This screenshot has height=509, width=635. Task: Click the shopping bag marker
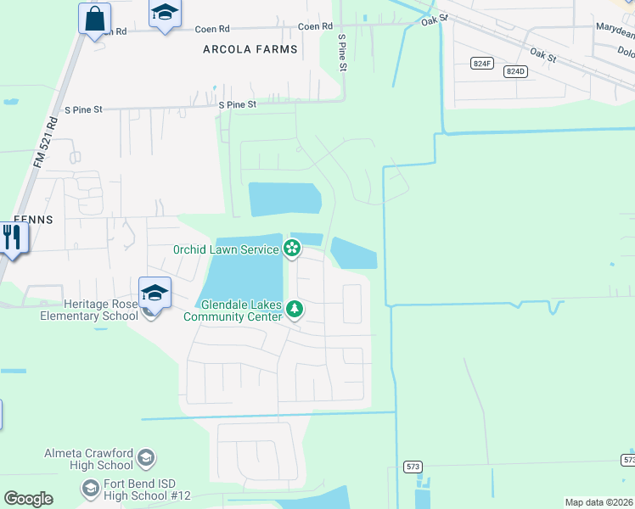(95, 18)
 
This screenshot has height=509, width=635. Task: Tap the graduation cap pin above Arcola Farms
(165, 13)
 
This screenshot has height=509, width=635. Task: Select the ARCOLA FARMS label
(250, 49)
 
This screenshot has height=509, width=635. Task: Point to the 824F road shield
(482, 64)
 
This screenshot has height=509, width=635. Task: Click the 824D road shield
(515, 71)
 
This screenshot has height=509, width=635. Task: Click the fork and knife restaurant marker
(11, 237)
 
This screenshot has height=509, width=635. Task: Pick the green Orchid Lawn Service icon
(292, 249)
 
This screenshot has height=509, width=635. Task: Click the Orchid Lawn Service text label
(226, 249)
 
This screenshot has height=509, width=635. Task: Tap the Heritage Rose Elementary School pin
(155, 294)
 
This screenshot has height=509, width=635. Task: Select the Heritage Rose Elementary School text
(89, 310)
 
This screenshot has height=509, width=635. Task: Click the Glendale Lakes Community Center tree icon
(295, 310)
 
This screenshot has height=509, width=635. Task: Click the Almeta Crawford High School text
(88, 460)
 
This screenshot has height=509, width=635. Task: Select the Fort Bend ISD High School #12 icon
(91, 489)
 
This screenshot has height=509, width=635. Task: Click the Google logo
(28, 499)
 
